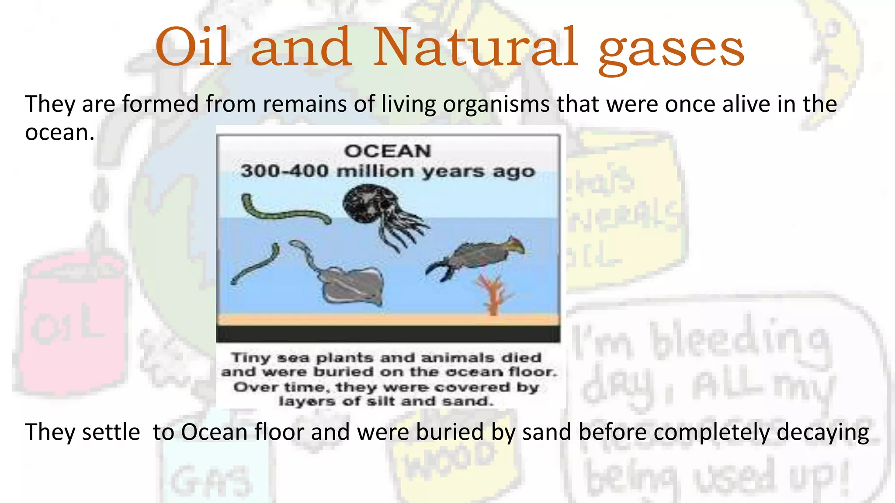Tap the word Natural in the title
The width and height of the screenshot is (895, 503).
(475, 47)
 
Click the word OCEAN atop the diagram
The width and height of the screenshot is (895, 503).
(388, 151)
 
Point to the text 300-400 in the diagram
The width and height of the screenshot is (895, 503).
(284, 171)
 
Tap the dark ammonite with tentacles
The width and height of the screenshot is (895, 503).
(376, 210)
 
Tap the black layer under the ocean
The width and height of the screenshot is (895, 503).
(388, 334)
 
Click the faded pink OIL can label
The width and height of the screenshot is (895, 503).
(68, 325)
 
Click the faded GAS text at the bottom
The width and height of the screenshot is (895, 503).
(212, 480)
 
